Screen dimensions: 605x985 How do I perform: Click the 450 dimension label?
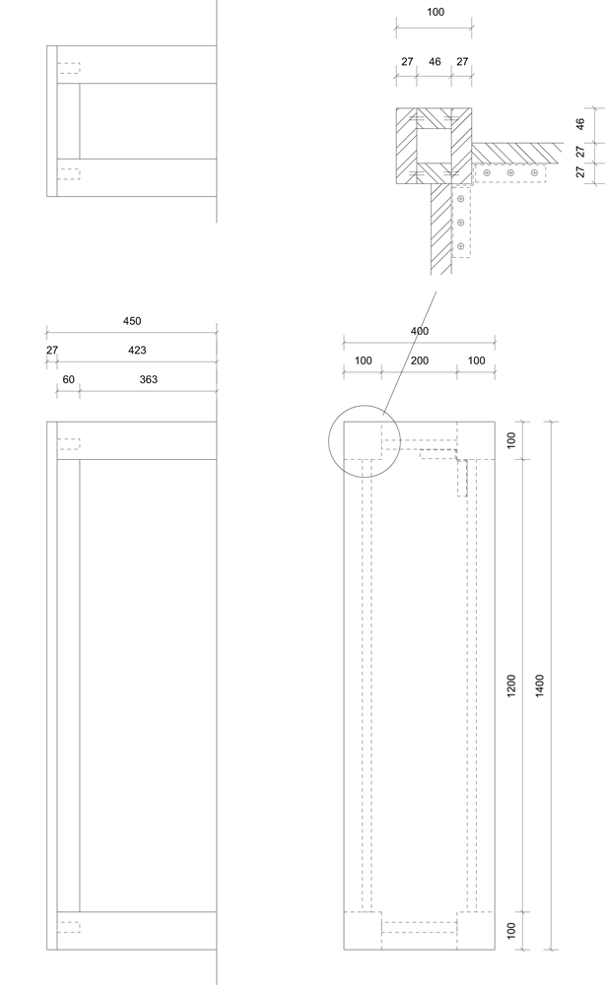click(x=132, y=321)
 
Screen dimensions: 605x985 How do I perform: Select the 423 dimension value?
click(x=137, y=350)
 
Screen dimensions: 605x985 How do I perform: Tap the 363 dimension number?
click(x=148, y=379)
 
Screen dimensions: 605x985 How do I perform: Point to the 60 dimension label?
click(x=68, y=379)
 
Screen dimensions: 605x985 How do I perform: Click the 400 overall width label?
click(x=420, y=331)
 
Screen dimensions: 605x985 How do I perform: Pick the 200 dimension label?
click(x=420, y=361)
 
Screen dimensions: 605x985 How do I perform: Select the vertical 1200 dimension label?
click(x=510, y=686)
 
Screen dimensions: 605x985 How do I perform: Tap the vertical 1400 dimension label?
click(x=540, y=686)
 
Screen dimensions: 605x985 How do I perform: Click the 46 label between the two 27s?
click(x=435, y=61)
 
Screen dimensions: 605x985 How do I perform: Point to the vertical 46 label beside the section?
click(x=579, y=124)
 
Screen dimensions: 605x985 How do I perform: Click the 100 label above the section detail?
click(x=436, y=12)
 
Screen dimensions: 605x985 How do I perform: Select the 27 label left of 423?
click(x=52, y=350)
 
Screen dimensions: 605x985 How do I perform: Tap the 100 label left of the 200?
click(x=364, y=361)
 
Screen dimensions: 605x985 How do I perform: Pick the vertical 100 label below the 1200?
click(x=510, y=931)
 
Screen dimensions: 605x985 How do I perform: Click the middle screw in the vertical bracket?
click(x=460, y=223)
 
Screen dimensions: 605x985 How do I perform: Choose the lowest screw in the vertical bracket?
click(x=460, y=246)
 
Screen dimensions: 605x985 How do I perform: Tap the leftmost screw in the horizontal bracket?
click(x=486, y=172)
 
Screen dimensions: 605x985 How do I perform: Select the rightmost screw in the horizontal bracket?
click(x=534, y=172)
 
